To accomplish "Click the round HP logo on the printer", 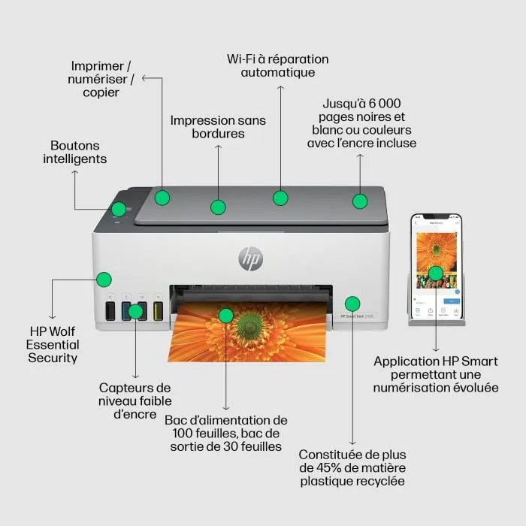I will tap(251, 258).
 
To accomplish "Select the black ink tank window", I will tap(110, 310).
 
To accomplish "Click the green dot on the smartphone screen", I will tap(435, 273).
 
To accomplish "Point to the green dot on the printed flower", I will tap(225, 315).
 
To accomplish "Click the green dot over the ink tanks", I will tap(135, 310).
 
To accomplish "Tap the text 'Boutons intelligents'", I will tap(74, 153).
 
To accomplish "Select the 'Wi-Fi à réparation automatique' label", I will tap(278, 65).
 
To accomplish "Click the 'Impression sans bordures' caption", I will tap(218, 126).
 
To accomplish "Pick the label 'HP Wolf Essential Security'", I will tap(53, 344).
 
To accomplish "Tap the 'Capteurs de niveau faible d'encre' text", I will tap(135, 401).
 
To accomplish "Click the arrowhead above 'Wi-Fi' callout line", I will tap(280, 87).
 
